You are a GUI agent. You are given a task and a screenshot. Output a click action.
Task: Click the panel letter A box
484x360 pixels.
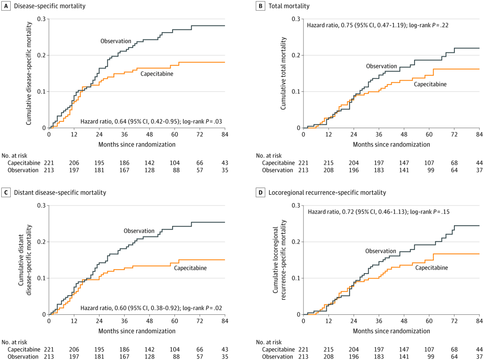[x=6, y=6]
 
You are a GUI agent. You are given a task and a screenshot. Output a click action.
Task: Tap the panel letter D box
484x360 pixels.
[x=260, y=193]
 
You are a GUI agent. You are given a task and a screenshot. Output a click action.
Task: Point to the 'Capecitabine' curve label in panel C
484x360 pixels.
[x=190, y=268]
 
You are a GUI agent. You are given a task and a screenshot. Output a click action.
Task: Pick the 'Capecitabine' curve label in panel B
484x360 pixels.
[x=430, y=84]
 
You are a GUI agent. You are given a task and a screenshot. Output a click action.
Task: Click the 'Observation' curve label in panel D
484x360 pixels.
[x=380, y=251]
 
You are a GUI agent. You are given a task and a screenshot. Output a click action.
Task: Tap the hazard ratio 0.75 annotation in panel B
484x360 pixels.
[x=377, y=26]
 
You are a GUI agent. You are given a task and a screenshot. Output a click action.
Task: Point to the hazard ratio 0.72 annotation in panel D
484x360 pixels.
[x=377, y=212]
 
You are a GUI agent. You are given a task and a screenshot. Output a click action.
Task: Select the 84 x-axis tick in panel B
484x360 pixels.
[x=479, y=134]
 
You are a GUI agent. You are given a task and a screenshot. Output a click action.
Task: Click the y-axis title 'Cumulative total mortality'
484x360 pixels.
[x=284, y=73]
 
